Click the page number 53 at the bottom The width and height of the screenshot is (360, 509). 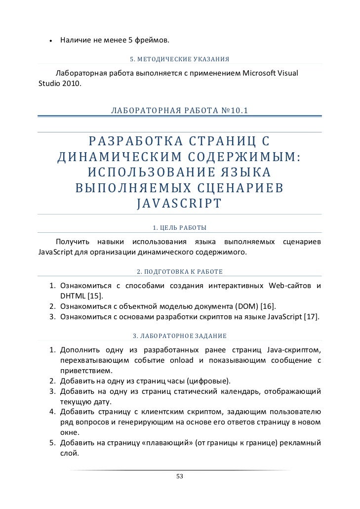[179, 476]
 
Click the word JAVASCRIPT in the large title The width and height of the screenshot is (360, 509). [179, 204]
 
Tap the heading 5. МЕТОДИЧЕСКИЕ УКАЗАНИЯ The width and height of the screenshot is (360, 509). [179, 59]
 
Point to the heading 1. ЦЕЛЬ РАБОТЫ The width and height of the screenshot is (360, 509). [179, 228]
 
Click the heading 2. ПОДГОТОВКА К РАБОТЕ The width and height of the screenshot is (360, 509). [179, 272]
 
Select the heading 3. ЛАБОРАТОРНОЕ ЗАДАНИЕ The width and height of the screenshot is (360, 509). [179, 336]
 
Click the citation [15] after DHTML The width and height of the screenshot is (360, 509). [95, 296]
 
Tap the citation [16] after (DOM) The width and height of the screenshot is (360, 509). [267, 306]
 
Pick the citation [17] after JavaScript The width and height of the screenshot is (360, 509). [312, 316]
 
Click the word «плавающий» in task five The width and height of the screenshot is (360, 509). [166, 443]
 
